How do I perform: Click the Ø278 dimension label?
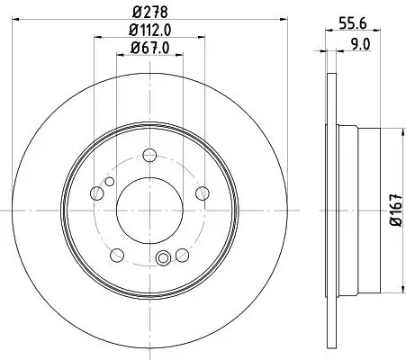(x=146, y=13)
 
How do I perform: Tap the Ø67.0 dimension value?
(x=146, y=49)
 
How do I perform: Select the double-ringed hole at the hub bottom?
(x=163, y=260)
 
